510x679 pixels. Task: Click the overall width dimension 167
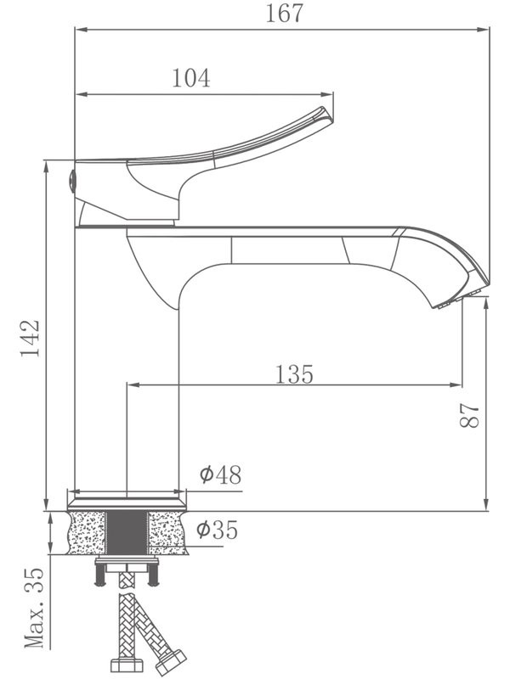point(284,14)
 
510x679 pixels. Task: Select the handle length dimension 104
point(191,78)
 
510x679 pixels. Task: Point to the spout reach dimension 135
point(294,373)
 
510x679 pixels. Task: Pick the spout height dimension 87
point(470,415)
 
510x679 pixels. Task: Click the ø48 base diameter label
point(220,475)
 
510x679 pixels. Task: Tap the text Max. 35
point(32,609)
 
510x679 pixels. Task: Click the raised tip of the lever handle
point(326,114)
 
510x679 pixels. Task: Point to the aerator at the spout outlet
point(456,298)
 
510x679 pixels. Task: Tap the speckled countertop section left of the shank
point(88,531)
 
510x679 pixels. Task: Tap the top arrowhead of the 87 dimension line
point(484,304)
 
